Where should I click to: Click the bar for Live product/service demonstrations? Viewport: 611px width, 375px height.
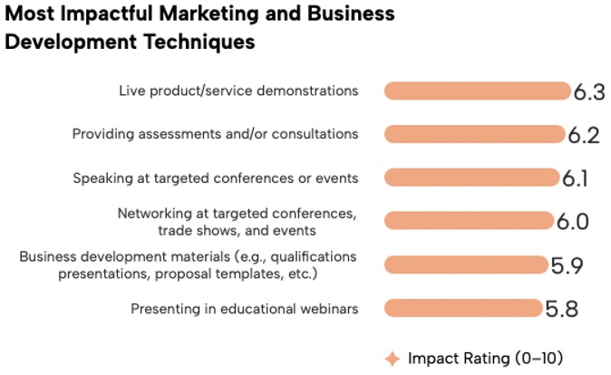[478, 91]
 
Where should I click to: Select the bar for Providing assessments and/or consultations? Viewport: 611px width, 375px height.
[475, 134]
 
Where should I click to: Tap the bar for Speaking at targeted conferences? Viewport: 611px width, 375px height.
[472, 178]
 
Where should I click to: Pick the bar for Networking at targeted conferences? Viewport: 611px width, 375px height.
[470, 220]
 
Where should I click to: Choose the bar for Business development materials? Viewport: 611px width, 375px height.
[467, 264]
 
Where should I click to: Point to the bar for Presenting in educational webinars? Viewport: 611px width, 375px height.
[463, 308]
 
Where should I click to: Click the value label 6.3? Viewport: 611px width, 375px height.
[589, 92]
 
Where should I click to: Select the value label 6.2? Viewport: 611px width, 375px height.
[584, 136]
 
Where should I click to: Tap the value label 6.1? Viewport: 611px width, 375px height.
[575, 178]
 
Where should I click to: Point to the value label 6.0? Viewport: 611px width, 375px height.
[572, 222]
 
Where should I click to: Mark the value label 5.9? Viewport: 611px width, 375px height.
[567, 266]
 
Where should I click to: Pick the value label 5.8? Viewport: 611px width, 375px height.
[561, 309]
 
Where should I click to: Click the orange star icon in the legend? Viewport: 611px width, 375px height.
[393, 359]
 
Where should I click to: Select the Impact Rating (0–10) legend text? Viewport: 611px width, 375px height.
[485, 359]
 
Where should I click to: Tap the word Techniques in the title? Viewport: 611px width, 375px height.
[199, 42]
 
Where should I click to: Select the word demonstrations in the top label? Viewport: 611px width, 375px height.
[307, 91]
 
